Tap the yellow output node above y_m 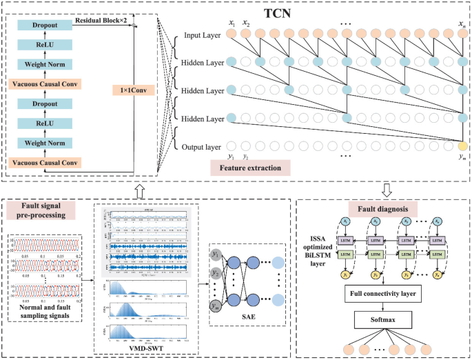(x=462, y=146)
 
